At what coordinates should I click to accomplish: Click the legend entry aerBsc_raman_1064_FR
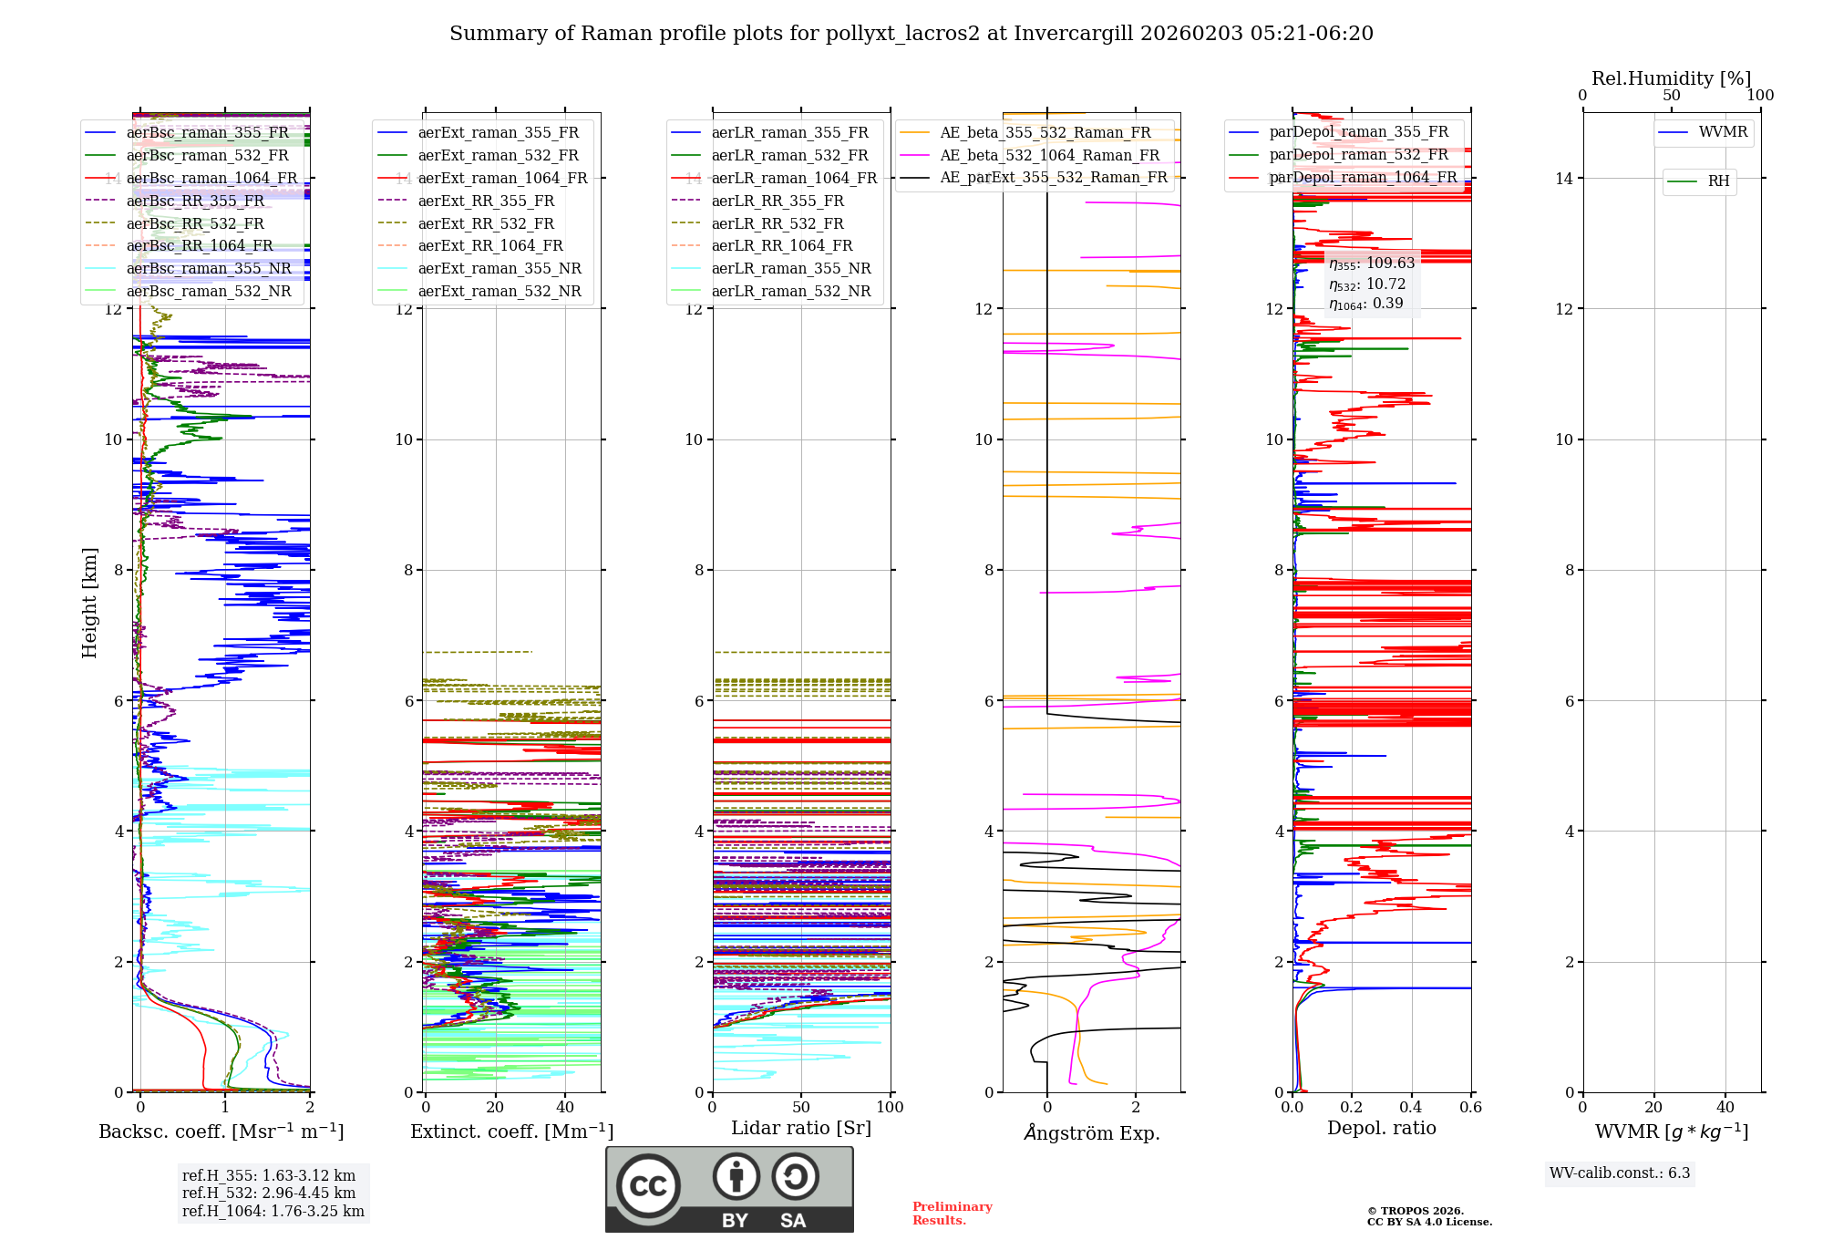point(211,179)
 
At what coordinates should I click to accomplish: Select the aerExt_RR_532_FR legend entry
point(486,223)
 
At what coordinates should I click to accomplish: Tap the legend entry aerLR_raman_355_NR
point(791,269)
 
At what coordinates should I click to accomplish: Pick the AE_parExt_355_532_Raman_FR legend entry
point(1054,178)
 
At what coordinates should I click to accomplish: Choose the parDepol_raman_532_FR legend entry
point(1358,155)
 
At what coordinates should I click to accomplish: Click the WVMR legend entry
point(1723,132)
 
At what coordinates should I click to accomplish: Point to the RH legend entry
point(1718,181)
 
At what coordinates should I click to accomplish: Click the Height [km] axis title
point(89,603)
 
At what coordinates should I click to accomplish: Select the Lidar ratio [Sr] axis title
point(801,1129)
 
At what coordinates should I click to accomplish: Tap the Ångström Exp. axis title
point(1092,1133)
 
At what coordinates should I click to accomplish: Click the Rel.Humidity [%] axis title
point(1671,78)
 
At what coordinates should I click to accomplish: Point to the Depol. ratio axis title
point(1381,1129)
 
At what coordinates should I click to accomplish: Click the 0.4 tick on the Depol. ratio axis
point(1411,1108)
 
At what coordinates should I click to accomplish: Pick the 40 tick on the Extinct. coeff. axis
point(565,1108)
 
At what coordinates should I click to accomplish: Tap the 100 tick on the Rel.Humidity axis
point(1760,96)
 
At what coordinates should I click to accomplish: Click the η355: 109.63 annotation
point(1372,263)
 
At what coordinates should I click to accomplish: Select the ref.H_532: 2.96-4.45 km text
point(269,1193)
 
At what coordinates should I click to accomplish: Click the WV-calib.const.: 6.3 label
point(1620,1173)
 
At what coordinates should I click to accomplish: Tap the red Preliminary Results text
point(952,1214)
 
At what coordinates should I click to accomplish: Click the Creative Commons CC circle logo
point(648,1186)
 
